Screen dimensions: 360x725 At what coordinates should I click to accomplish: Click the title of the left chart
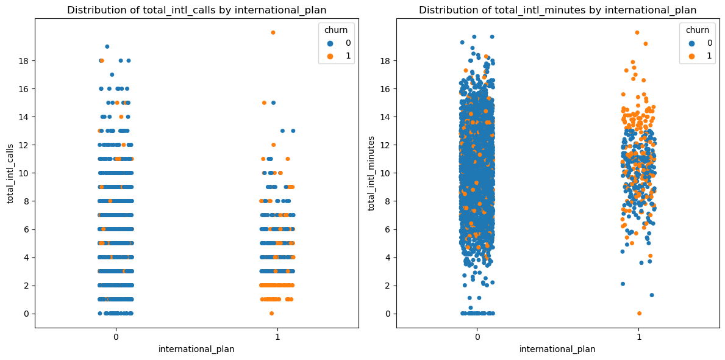(196, 10)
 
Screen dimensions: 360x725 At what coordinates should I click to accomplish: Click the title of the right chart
(557, 10)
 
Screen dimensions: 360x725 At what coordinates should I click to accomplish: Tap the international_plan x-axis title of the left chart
(196, 349)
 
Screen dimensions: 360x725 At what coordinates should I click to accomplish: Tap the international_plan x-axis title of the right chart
(557, 349)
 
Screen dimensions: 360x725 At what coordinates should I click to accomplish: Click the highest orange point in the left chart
(273, 32)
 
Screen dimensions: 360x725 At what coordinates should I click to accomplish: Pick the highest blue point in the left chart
(107, 46)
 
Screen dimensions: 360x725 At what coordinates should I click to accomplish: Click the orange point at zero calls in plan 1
(271, 313)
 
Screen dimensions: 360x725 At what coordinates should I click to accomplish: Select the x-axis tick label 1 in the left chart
(277, 336)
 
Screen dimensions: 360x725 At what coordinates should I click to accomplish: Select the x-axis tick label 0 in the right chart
(477, 336)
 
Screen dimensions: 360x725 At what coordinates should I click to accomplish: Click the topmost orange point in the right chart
(637, 32)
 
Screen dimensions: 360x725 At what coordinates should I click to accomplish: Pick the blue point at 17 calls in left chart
(112, 74)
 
